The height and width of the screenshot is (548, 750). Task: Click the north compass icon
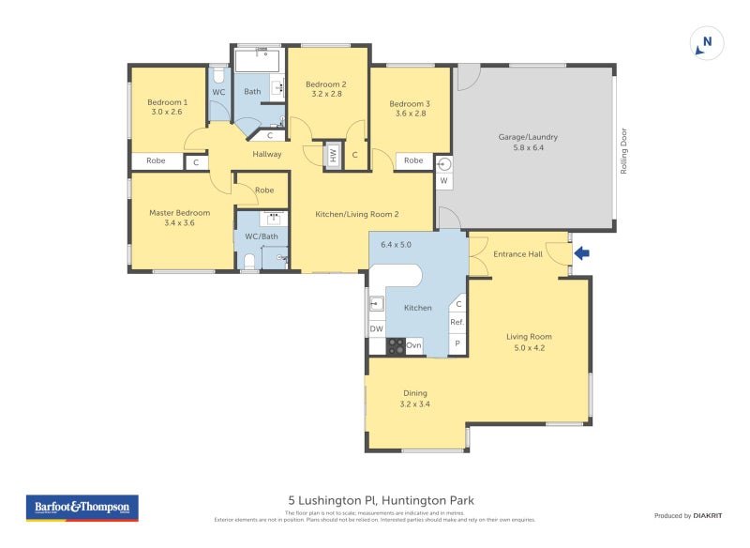pos(707,42)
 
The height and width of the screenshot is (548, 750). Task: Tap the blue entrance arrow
pos(582,252)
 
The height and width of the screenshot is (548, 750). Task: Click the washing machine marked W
pos(444,180)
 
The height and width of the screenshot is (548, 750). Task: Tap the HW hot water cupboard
pos(332,155)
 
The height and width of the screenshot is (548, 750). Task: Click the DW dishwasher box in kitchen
pos(376,328)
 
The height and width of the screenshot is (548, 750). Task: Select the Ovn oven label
pos(413,346)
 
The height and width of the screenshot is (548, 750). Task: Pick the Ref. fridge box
pos(457,322)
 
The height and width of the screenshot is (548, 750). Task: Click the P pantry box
pos(457,344)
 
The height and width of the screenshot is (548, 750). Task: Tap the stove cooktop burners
pos(396,346)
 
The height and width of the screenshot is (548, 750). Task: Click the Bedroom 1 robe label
pos(156,161)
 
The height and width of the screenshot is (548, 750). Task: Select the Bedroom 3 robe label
pos(413,161)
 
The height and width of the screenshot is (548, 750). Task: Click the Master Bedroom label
pos(180,213)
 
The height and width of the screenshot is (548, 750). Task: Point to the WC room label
pos(218,92)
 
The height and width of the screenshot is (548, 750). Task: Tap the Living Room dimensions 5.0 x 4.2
pos(529,348)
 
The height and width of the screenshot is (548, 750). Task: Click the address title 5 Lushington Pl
pos(374,501)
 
